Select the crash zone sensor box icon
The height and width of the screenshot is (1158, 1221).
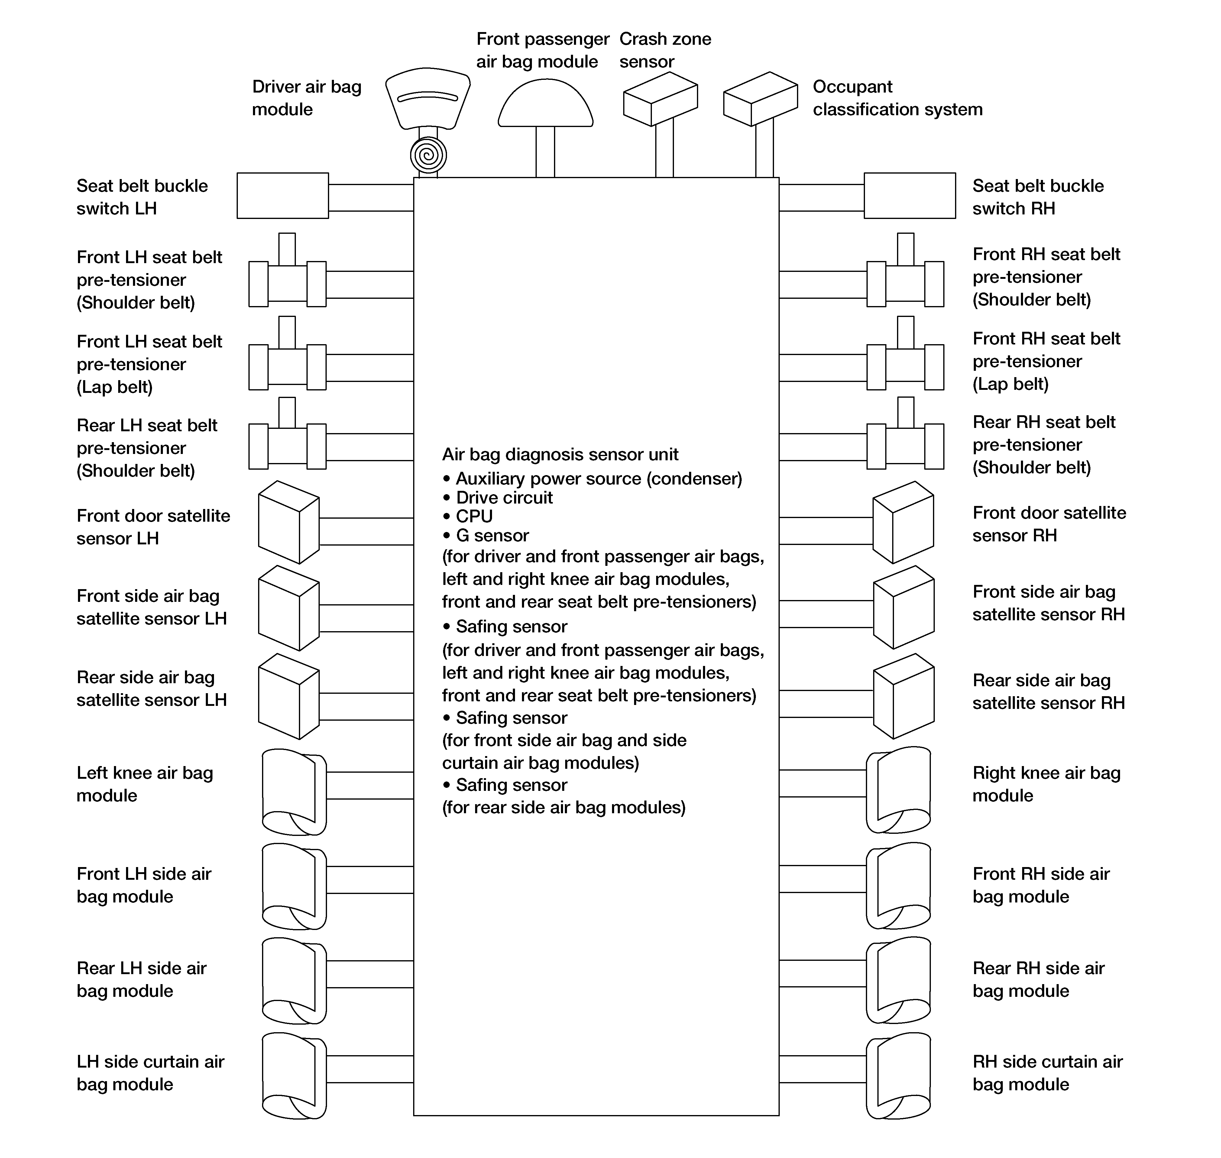click(660, 99)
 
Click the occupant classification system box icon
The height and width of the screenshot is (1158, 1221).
click(760, 99)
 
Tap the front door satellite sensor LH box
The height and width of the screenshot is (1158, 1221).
click(288, 522)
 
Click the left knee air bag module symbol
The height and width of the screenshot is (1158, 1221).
click(294, 792)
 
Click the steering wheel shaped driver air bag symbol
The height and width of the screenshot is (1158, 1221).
click(428, 99)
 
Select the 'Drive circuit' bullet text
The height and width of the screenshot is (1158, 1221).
click(504, 497)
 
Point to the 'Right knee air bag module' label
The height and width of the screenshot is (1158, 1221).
click(1046, 784)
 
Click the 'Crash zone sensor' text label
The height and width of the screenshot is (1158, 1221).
click(665, 50)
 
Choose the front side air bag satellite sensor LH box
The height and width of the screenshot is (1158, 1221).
click(288, 608)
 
